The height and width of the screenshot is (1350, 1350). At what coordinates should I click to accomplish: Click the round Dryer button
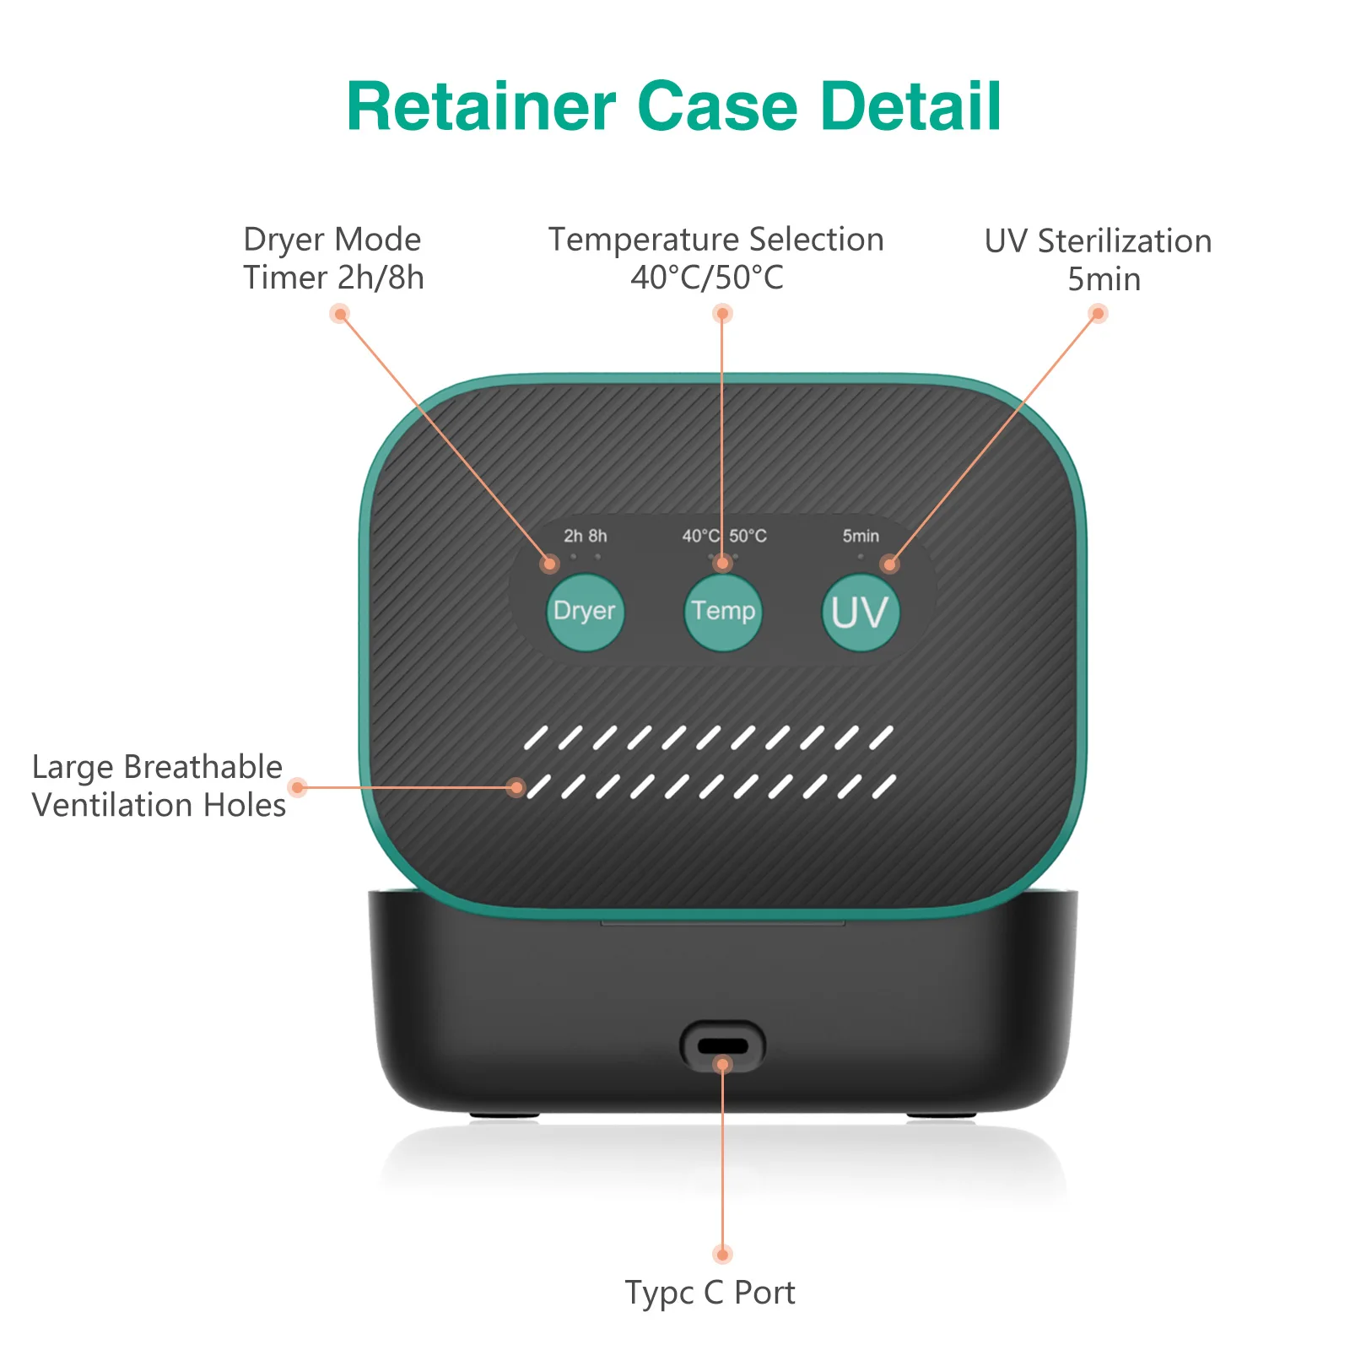click(585, 612)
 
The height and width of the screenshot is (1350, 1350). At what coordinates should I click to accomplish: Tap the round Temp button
click(723, 612)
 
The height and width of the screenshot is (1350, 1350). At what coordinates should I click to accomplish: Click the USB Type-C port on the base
click(722, 1046)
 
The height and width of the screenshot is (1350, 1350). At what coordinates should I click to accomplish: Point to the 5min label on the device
click(861, 536)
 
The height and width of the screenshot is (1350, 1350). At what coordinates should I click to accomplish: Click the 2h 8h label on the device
click(585, 536)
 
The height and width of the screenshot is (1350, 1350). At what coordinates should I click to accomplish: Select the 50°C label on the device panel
click(748, 536)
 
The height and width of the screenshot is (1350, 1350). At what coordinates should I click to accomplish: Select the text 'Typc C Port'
click(710, 1293)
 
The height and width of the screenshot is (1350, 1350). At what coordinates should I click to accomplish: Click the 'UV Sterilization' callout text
click(1098, 241)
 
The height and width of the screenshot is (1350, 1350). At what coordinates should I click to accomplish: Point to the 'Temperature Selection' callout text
click(715, 240)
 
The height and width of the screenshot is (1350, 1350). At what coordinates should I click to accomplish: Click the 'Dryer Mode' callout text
click(332, 240)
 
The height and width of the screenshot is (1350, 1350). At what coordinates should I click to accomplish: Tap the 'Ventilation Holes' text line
click(159, 805)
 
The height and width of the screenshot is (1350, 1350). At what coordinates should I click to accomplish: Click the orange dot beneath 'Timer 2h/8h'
click(340, 315)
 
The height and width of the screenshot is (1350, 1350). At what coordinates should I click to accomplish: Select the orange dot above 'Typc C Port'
click(722, 1254)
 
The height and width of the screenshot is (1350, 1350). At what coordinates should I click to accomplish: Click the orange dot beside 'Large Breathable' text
click(297, 787)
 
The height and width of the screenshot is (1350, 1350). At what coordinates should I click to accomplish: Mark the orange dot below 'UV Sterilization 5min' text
click(1098, 314)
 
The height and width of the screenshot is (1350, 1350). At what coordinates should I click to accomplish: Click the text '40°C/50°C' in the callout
click(707, 278)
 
